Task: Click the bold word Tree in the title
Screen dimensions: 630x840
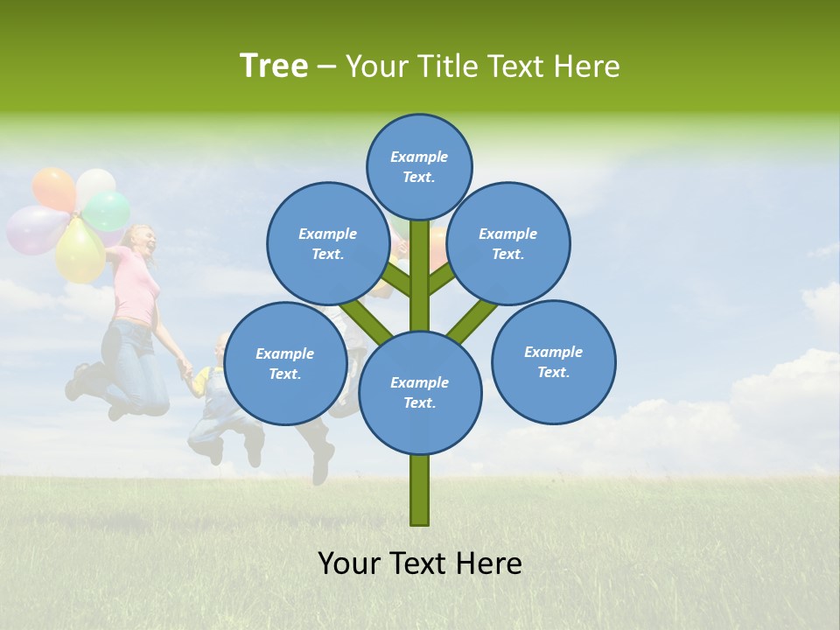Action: pyautogui.click(x=274, y=66)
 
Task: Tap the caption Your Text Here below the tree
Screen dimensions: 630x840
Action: pyautogui.click(x=420, y=563)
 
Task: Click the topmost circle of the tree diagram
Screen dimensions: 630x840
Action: pyautogui.click(x=419, y=166)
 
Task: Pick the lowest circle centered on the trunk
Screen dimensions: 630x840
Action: pyautogui.click(x=420, y=393)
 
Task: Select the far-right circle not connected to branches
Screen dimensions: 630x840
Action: pyautogui.click(x=553, y=361)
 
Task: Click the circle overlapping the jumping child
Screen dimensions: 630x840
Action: pyautogui.click(x=284, y=364)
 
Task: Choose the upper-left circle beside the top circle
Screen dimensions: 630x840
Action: pyautogui.click(x=327, y=243)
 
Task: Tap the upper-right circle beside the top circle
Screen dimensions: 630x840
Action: pyautogui.click(x=508, y=243)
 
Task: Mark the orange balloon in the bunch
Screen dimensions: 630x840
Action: pyautogui.click(x=53, y=188)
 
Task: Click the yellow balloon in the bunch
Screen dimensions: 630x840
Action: pyautogui.click(x=80, y=252)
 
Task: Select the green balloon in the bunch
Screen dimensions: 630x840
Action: pyautogui.click(x=108, y=211)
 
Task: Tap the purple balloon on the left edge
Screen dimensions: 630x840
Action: pyautogui.click(x=32, y=230)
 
